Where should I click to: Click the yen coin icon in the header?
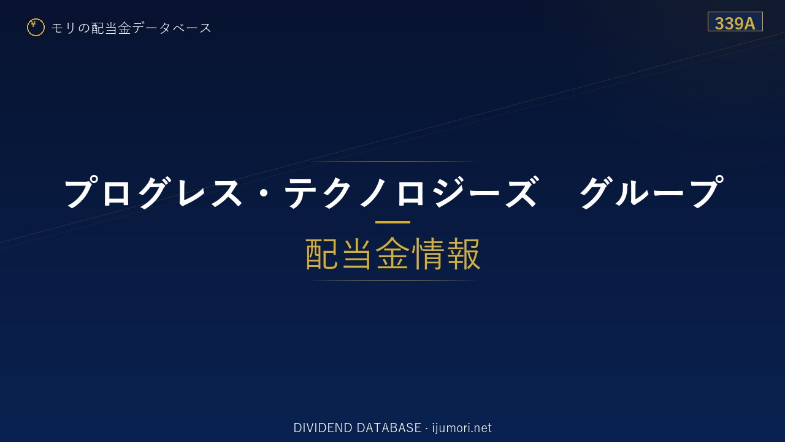36,28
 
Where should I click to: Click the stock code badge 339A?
735,21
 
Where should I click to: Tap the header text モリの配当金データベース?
131,28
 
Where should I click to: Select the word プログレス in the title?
153,192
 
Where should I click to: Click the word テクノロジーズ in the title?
410,192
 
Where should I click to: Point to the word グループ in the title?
651,192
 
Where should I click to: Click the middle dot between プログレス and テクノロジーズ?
263,193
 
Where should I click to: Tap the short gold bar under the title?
392,222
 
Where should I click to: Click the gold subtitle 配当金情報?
393,254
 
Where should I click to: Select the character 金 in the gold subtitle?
392,254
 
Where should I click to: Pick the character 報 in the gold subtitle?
463,254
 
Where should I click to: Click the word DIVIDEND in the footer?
323,428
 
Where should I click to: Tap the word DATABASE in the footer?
389,428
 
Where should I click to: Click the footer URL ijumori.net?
462,428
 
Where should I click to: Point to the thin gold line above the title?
392,161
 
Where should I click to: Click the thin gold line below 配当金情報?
392,281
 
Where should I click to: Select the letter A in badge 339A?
749,23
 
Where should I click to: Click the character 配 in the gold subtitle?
322,254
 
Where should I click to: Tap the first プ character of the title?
80,192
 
